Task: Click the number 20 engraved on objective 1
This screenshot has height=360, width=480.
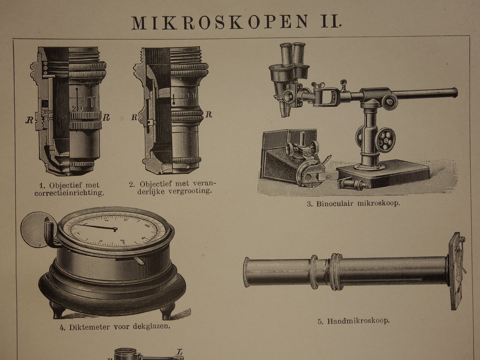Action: pyautogui.click(x=77, y=108)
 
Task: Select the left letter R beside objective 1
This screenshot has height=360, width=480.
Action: pyautogui.click(x=29, y=120)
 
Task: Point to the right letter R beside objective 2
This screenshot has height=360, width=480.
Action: pyautogui.click(x=209, y=114)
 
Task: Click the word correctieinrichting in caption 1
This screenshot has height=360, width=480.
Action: pyautogui.click(x=69, y=193)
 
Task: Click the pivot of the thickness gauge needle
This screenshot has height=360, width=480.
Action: pyautogui.click(x=115, y=229)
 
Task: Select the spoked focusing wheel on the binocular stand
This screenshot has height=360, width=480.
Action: pyautogui.click(x=385, y=140)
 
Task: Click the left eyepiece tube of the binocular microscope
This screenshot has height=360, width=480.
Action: pyautogui.click(x=286, y=55)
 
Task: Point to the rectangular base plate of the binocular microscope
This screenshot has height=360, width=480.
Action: pyautogui.click(x=383, y=175)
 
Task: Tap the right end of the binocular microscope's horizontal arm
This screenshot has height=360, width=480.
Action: pyautogui.click(x=455, y=93)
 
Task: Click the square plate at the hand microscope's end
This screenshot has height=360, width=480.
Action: pyautogui.click(x=457, y=271)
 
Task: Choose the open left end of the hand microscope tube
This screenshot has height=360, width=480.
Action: pyautogui.click(x=246, y=272)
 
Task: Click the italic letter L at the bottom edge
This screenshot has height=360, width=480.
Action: pyautogui.click(x=179, y=351)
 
